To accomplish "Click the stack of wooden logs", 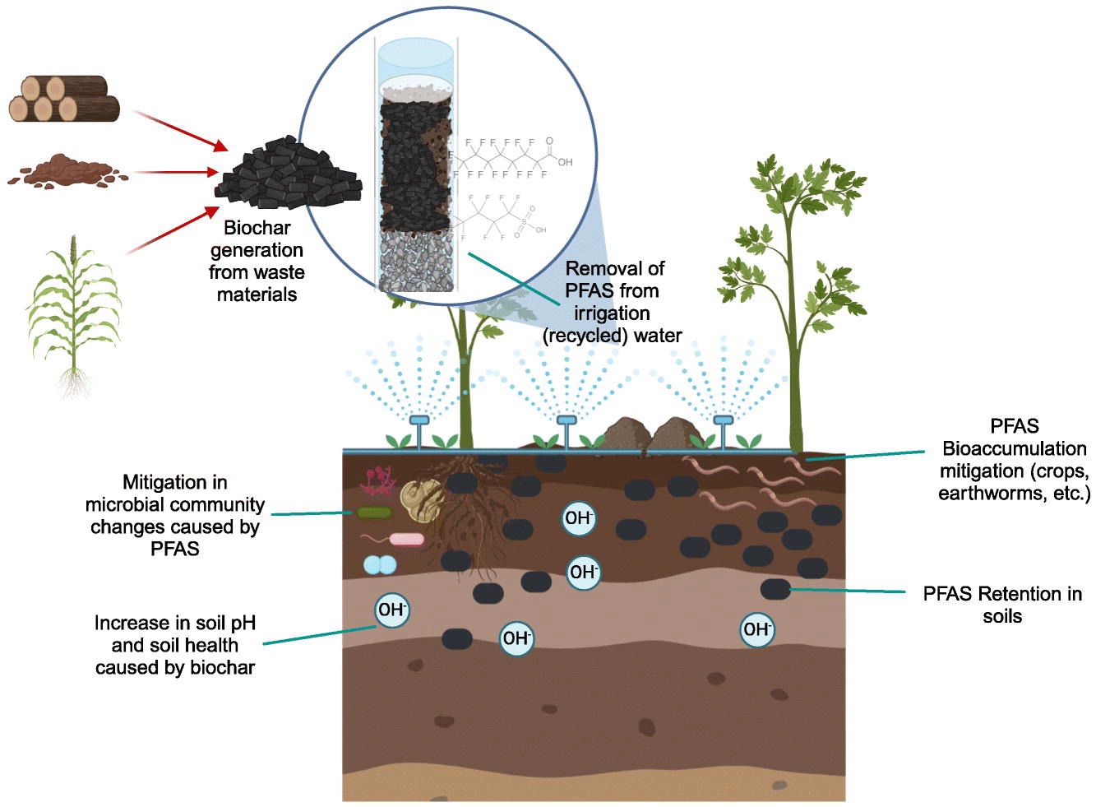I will tap(64, 98).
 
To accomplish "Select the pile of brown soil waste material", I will tap(66, 171).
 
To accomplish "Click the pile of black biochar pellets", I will tap(288, 177).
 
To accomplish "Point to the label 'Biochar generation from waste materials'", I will tap(257, 261).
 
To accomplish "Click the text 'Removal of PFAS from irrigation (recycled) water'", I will tap(613, 302).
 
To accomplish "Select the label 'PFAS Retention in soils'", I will tap(1001, 605).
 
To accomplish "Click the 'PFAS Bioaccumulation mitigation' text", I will tap(1014, 460).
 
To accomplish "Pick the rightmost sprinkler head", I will tap(723, 421).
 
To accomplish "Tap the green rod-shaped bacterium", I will tap(374, 513).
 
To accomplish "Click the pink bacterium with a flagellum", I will tap(405, 540).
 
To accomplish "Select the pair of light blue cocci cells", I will tap(380, 565).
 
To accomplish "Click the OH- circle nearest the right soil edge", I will tap(756, 629).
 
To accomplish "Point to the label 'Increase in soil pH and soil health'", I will tap(175, 645).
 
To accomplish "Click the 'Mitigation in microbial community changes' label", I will tap(175, 515).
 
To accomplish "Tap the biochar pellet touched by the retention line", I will tap(775, 589).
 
